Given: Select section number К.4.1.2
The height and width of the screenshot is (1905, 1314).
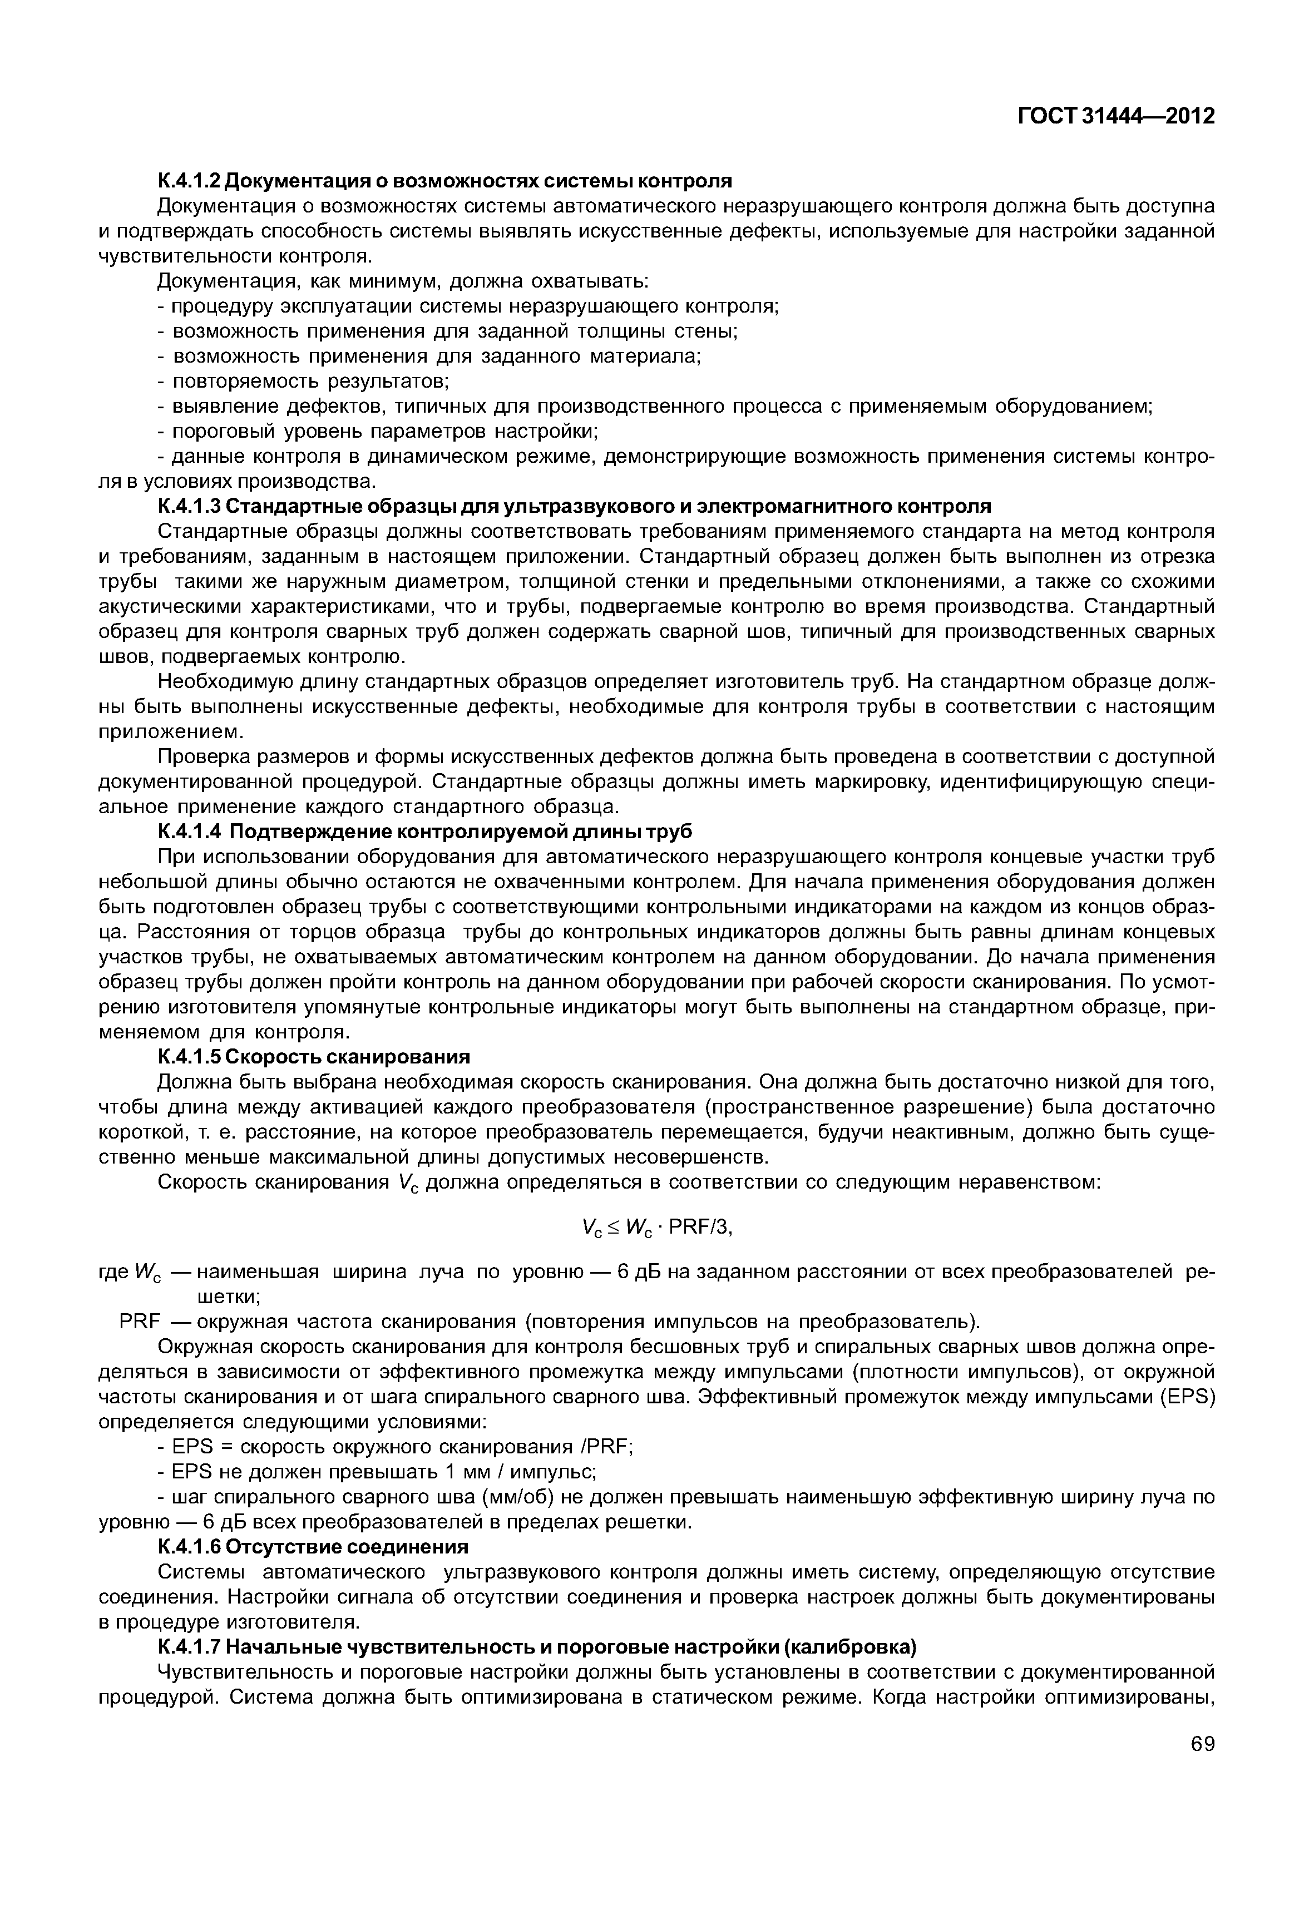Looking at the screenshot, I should (189, 180).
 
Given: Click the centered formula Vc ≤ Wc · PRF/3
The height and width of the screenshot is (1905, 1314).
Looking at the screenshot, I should (656, 1228).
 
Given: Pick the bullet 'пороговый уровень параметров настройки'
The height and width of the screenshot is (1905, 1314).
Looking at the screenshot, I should (377, 432).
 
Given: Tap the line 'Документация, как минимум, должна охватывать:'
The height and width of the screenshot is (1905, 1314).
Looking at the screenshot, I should (403, 281).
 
